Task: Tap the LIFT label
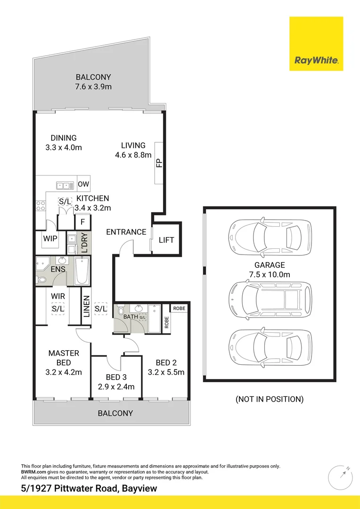click(166, 240)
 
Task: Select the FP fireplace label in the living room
click(159, 163)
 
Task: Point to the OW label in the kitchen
click(83, 184)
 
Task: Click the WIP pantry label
click(50, 239)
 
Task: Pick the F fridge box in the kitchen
click(83, 222)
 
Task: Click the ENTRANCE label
click(126, 232)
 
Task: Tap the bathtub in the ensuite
click(82, 271)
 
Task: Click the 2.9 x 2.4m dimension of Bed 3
click(116, 387)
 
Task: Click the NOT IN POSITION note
click(269, 399)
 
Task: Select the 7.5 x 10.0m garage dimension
click(270, 275)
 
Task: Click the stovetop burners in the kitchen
click(40, 205)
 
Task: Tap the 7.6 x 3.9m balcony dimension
click(93, 87)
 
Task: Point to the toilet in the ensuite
click(42, 279)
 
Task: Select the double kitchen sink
click(63, 185)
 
